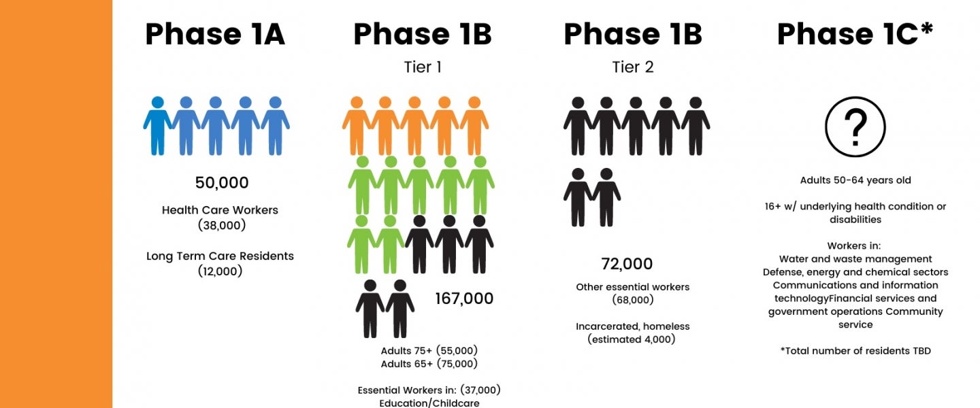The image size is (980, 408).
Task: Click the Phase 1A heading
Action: tap(215, 34)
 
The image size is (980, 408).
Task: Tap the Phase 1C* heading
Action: tap(855, 33)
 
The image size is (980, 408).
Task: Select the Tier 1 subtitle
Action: tap(423, 67)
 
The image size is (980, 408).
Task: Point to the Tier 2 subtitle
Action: tap(633, 67)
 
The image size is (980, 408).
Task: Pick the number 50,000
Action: tap(222, 182)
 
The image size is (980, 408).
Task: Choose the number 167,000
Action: tap(464, 299)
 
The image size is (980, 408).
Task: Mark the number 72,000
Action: tap(627, 264)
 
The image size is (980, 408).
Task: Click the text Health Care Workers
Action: tap(220, 210)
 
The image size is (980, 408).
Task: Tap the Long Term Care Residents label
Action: tap(220, 256)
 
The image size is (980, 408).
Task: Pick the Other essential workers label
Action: tap(633, 287)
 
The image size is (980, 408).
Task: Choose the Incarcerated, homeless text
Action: tap(633, 326)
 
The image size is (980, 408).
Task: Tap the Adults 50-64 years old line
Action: tap(855, 180)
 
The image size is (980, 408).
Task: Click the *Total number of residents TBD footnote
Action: tap(855, 351)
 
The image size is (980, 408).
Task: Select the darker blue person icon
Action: tap(157, 126)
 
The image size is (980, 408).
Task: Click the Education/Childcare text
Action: tap(429, 403)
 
